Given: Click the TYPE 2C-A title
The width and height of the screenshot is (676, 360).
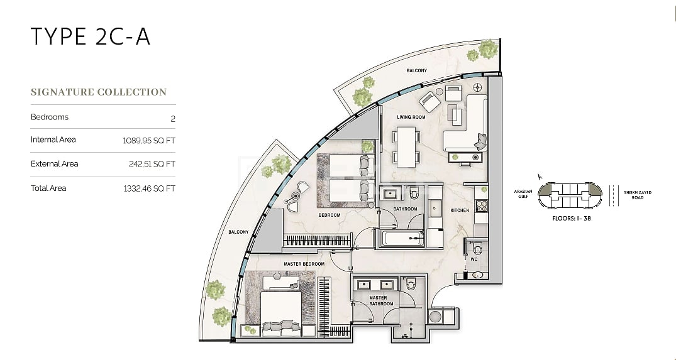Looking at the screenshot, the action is pyautogui.click(x=91, y=36).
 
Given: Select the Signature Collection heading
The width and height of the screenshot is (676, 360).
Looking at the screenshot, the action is pyautogui.click(x=99, y=92).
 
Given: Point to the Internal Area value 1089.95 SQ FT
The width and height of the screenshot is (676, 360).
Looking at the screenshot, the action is pyautogui.click(x=149, y=141).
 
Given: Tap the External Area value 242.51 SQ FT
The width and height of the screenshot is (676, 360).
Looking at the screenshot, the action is pyautogui.click(x=152, y=164).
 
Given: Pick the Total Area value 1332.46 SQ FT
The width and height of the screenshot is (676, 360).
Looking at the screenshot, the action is pyautogui.click(x=150, y=188).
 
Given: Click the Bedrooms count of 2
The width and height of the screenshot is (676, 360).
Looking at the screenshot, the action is pyautogui.click(x=173, y=119).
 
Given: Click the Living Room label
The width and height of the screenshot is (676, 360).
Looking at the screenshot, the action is pyautogui.click(x=411, y=117).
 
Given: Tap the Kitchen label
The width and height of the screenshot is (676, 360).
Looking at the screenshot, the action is pyautogui.click(x=460, y=210).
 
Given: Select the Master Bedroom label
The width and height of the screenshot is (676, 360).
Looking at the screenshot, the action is pyautogui.click(x=304, y=264).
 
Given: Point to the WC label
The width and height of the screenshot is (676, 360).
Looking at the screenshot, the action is pyautogui.click(x=474, y=259).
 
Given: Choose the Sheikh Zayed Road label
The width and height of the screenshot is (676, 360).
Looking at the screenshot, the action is pyautogui.click(x=638, y=195).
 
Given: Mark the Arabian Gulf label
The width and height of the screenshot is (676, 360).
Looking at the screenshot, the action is pyautogui.click(x=523, y=194).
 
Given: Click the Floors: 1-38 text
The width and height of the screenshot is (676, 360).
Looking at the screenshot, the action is pyautogui.click(x=572, y=219).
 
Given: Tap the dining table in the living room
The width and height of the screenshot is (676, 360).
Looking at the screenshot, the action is pyautogui.click(x=406, y=147).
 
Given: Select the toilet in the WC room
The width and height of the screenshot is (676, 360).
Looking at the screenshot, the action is pyautogui.click(x=477, y=249).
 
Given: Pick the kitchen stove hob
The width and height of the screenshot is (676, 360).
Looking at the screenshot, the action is pyautogui.click(x=482, y=206).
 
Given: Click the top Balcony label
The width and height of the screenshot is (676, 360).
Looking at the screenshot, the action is pyautogui.click(x=416, y=70).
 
